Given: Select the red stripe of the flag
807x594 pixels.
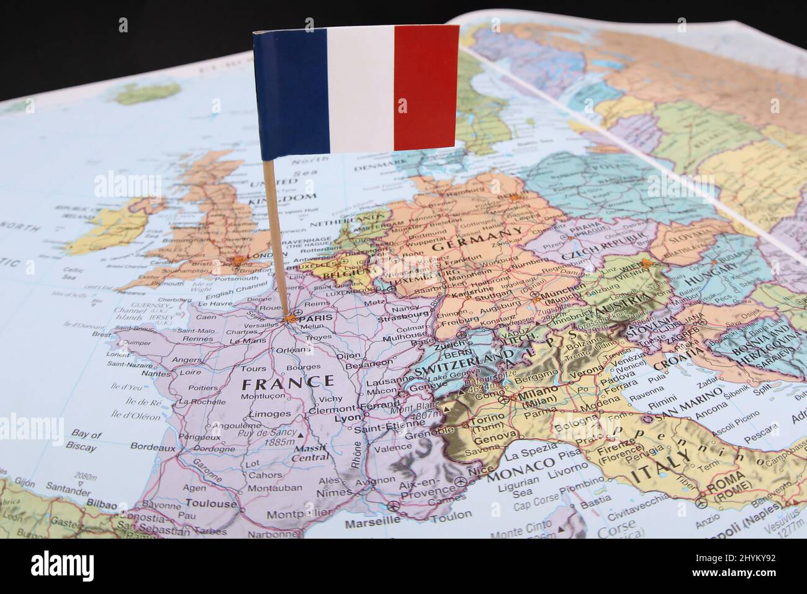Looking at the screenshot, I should coord(426,87).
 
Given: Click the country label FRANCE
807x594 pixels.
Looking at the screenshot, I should coord(287,382).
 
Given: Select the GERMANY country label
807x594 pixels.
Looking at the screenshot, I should coord(477,239).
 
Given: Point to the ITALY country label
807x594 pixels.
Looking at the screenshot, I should coord(661,468).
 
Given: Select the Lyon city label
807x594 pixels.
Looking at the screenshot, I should coord(347,418).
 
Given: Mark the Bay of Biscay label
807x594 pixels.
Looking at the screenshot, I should coord(86,441).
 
